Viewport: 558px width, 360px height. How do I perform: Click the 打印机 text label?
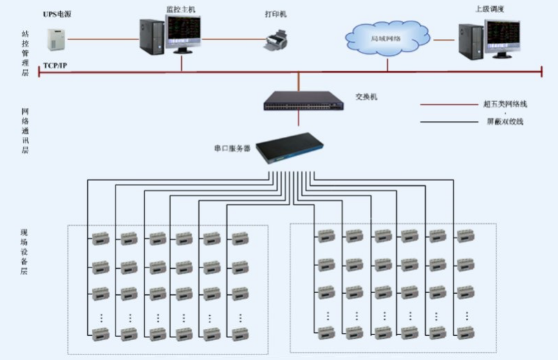[275, 13]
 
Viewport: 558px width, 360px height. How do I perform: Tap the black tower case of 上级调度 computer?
[469, 39]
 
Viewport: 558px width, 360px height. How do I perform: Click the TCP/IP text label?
[55, 65]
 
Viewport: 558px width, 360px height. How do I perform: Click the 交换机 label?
[366, 97]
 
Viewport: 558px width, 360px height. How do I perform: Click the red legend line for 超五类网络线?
[445, 105]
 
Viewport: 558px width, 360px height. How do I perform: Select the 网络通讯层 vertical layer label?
[25, 130]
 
